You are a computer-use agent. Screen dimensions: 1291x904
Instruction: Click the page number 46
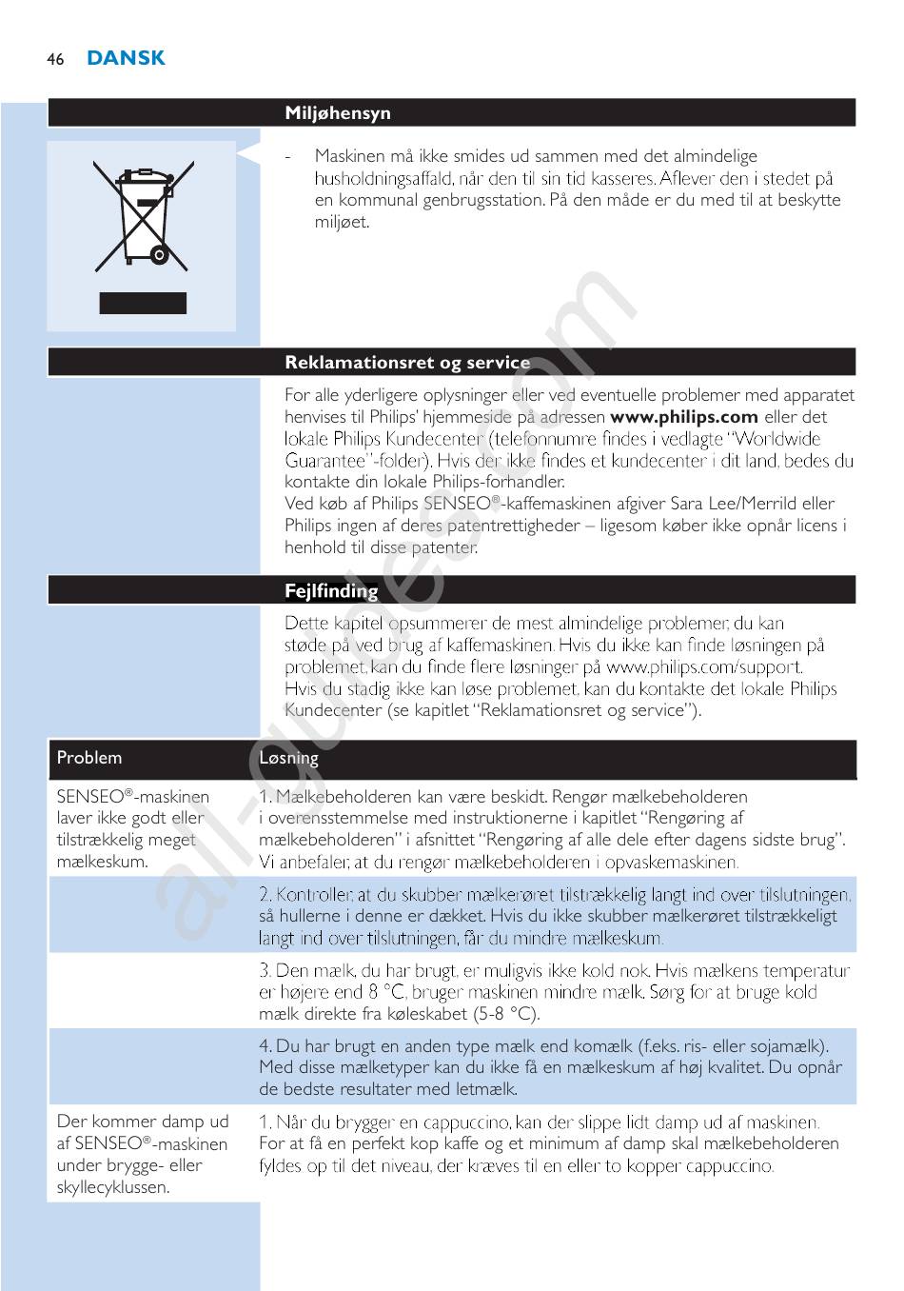pyautogui.click(x=55, y=59)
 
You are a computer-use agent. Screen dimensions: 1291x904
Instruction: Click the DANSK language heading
pyautogui.click(x=126, y=58)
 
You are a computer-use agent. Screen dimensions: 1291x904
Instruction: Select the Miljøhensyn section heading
pyautogui.click(x=338, y=113)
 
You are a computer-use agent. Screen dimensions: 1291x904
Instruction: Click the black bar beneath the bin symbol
pyautogui.click(x=144, y=304)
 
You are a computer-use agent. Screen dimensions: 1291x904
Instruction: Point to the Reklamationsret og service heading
pyautogui.click(x=407, y=363)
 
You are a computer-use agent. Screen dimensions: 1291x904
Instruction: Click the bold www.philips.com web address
pyautogui.click(x=684, y=417)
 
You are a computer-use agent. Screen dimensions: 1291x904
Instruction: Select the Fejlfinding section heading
pyautogui.click(x=331, y=591)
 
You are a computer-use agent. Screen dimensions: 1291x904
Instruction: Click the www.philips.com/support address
pyautogui.click(x=703, y=667)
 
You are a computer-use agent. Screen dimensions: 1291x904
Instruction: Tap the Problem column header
pyautogui.click(x=89, y=758)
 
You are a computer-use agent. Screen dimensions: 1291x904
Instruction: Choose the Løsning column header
pyautogui.click(x=289, y=758)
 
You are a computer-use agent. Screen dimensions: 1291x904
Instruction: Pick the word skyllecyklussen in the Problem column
pyautogui.click(x=112, y=1187)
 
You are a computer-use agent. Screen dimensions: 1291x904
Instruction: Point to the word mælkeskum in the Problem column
pyautogui.click(x=102, y=862)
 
